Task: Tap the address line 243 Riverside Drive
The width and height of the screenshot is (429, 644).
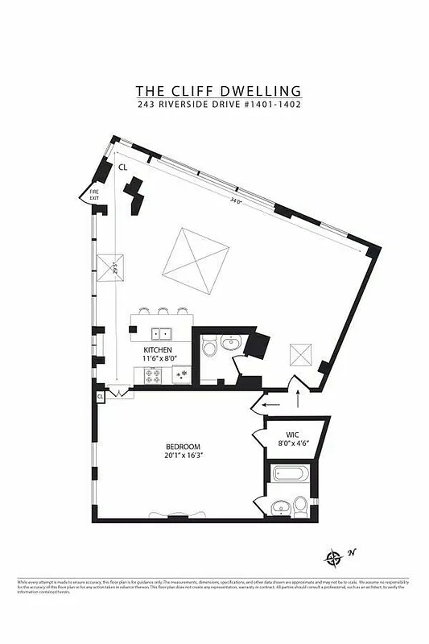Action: click(x=214, y=104)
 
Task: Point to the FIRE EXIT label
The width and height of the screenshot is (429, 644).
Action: click(x=94, y=194)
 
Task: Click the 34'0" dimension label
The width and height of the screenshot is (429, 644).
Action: click(x=236, y=200)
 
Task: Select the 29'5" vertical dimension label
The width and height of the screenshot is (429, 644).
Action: click(x=116, y=266)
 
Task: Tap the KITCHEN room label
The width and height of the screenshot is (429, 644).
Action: click(x=159, y=351)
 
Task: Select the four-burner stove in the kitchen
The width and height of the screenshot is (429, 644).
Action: click(x=154, y=375)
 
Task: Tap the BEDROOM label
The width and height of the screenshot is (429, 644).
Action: click(x=184, y=447)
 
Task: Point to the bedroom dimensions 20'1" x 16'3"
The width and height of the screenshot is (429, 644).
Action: click(x=184, y=456)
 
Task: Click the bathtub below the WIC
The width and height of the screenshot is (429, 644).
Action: click(x=289, y=476)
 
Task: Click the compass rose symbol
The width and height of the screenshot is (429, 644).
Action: click(x=333, y=556)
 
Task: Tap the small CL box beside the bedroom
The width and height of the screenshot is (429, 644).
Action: click(x=101, y=397)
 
